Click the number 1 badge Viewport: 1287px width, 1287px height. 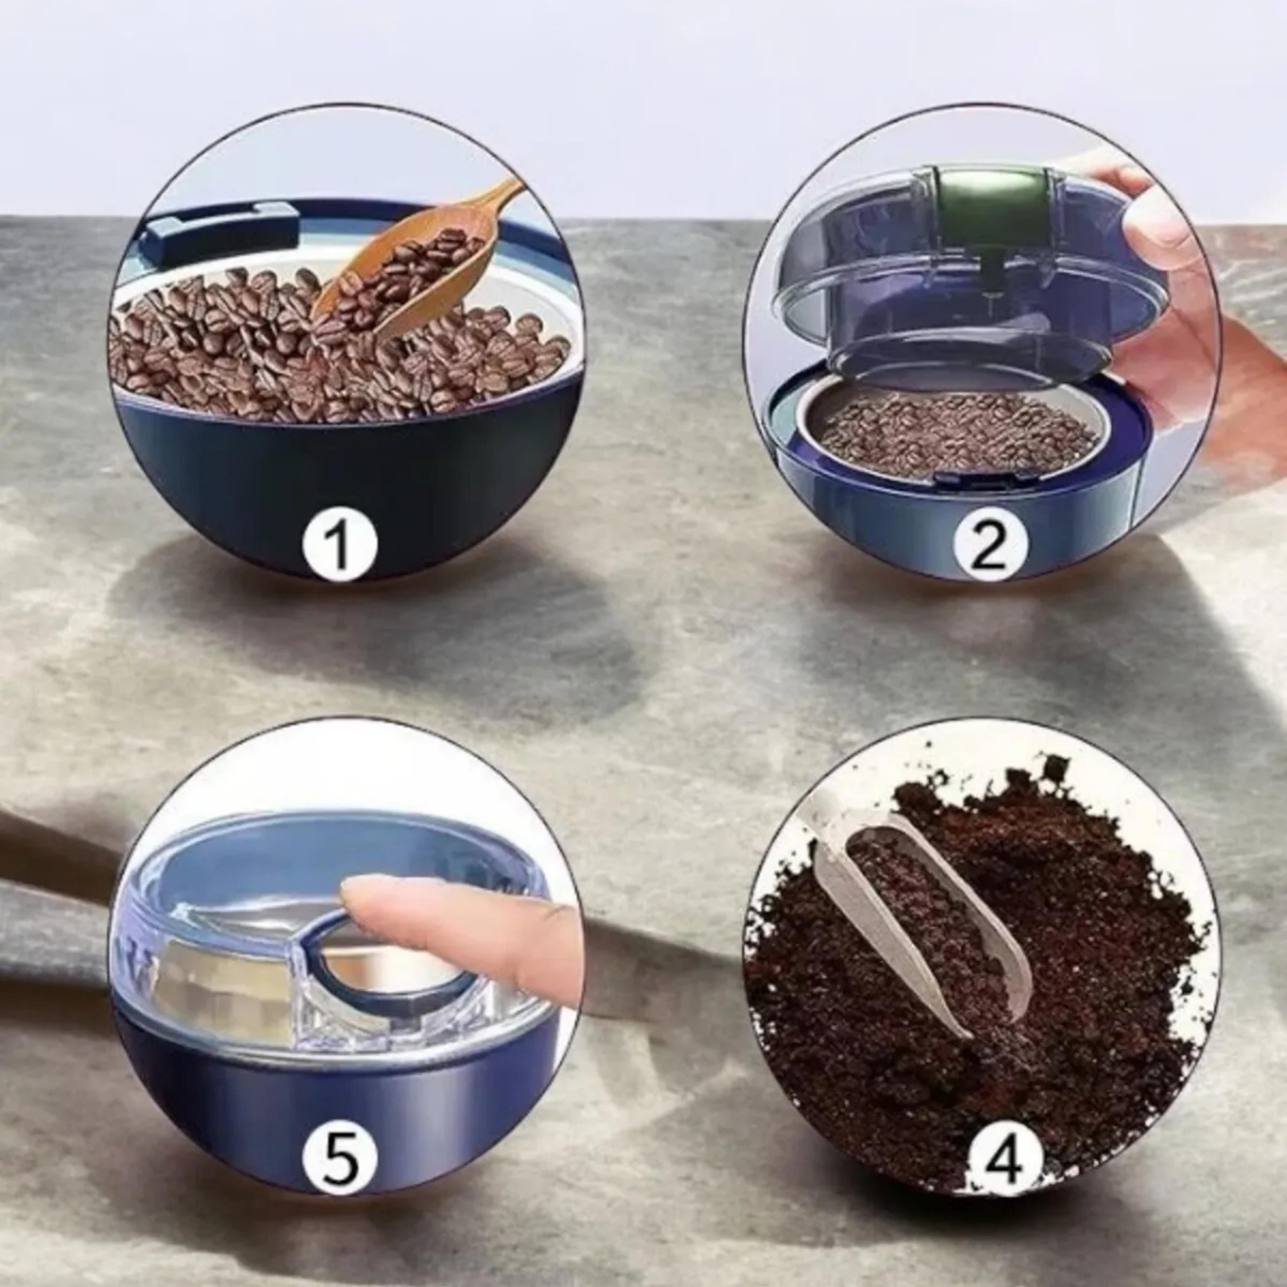[x=340, y=546]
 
